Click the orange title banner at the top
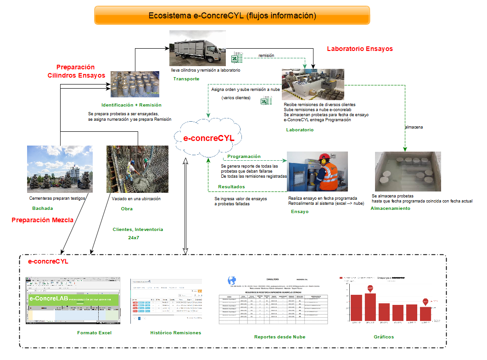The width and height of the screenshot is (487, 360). (x=232, y=15)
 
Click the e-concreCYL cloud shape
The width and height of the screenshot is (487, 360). (x=209, y=138)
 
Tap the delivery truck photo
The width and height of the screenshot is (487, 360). (x=197, y=48)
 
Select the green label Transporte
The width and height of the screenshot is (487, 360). (x=186, y=79)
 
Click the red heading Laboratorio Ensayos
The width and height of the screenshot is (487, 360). (x=359, y=49)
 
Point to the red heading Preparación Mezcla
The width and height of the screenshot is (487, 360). (x=42, y=220)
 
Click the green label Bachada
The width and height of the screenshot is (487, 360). (x=42, y=208)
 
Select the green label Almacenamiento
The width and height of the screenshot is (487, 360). (x=390, y=208)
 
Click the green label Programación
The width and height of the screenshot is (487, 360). (x=244, y=157)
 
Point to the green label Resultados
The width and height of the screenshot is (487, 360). (x=231, y=187)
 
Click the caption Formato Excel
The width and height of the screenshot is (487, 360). (x=95, y=332)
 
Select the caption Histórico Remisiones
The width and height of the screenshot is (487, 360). (x=175, y=332)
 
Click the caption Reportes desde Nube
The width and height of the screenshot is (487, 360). (x=280, y=337)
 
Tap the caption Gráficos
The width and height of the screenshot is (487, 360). (x=384, y=337)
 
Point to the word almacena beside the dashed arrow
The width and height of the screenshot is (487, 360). (x=414, y=127)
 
